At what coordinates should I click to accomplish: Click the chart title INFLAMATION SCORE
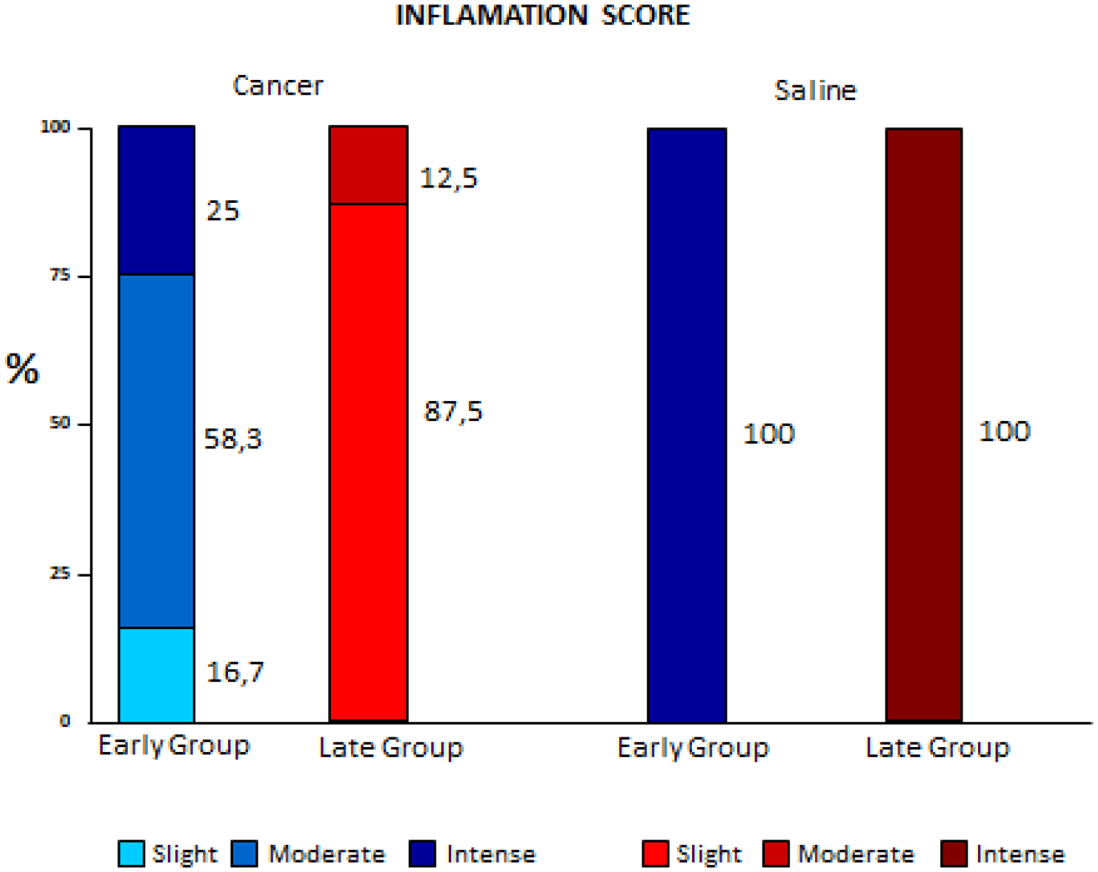pyautogui.click(x=542, y=15)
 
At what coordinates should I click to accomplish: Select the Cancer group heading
pyautogui.click(x=278, y=86)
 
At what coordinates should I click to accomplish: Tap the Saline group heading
pyautogui.click(x=815, y=91)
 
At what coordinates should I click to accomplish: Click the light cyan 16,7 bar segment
pyautogui.click(x=156, y=674)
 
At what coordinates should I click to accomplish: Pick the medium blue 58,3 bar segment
pyautogui.click(x=156, y=450)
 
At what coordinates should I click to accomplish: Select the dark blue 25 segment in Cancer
pyautogui.click(x=156, y=200)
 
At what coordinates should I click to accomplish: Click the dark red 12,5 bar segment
pyautogui.click(x=368, y=165)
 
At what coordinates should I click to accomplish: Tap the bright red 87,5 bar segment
pyautogui.click(x=368, y=461)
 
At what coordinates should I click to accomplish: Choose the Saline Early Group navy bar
pyautogui.click(x=687, y=425)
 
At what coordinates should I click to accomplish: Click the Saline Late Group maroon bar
pyautogui.click(x=924, y=425)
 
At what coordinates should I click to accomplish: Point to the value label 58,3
pyautogui.click(x=233, y=439)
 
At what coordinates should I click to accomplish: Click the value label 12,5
pyautogui.click(x=449, y=178)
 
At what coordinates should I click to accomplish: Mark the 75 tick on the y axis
pyautogui.click(x=60, y=275)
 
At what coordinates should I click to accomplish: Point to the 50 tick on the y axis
pyautogui.click(x=60, y=423)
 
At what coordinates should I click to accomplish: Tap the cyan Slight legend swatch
pyautogui.click(x=131, y=853)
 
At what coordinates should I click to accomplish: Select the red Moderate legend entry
pyautogui.click(x=839, y=854)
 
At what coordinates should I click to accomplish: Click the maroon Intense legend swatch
pyautogui.click(x=954, y=853)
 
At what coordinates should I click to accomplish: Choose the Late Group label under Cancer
pyautogui.click(x=391, y=748)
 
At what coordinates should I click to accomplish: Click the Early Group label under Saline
pyautogui.click(x=693, y=748)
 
